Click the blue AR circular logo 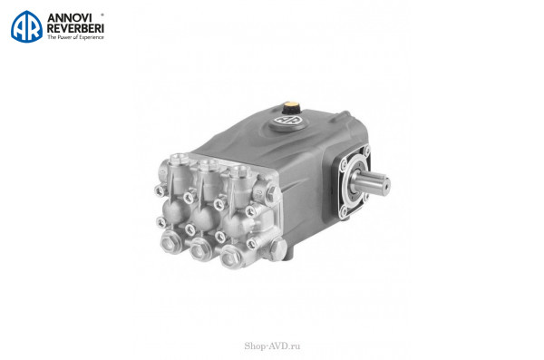[26, 26]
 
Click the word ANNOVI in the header [70, 18]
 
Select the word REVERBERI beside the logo [75, 28]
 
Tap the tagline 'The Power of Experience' [75, 37]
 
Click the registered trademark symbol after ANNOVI [102, 15]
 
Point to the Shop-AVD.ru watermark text [272, 345]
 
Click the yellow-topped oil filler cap [291, 107]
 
